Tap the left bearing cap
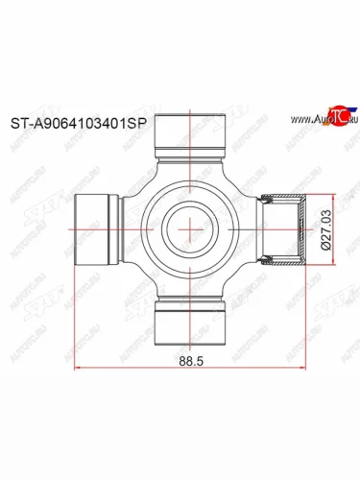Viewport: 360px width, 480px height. [93, 228]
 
